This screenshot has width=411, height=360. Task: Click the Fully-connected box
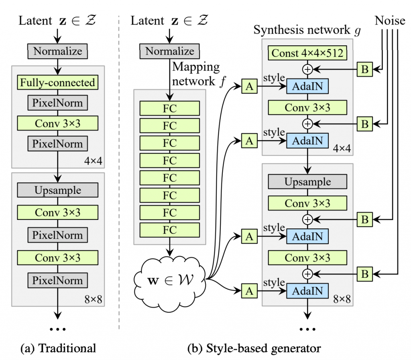[58, 83]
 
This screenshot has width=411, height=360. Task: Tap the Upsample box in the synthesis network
[307, 182]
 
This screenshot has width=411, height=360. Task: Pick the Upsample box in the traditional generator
[58, 190]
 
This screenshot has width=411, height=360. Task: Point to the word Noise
[390, 21]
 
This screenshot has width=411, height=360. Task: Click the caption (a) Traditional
[58, 348]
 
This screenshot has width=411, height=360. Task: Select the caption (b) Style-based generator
[254, 348]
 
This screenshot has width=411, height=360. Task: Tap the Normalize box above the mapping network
[170, 51]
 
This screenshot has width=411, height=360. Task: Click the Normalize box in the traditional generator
[58, 51]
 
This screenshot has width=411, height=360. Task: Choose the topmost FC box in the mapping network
[170, 108]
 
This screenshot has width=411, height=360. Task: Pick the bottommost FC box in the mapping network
[170, 230]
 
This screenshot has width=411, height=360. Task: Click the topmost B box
[365, 69]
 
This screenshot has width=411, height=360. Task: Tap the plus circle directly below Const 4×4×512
[307, 69]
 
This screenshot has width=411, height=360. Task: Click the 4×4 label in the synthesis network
[342, 149]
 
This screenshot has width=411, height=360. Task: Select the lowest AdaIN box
[307, 291]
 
